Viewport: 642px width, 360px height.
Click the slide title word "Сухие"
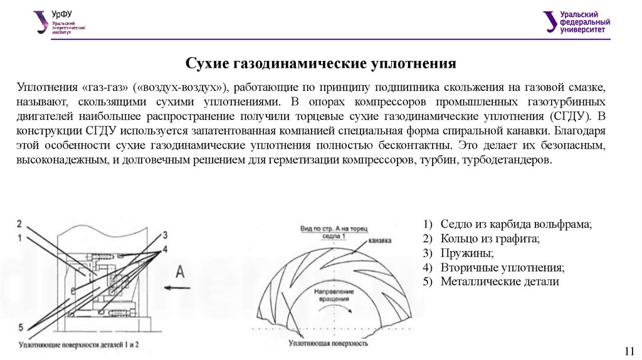coord(208,64)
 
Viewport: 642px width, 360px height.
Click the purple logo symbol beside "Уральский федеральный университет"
coord(550,21)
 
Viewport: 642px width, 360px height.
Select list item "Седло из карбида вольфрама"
coord(515,225)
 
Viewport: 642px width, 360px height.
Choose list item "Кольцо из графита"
coord(490,239)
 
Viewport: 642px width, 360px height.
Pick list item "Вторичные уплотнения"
coord(502,268)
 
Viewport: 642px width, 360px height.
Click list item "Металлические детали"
coord(499,282)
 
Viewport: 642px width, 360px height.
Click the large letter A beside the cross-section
coord(180,271)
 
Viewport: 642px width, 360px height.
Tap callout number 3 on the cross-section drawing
coord(165,235)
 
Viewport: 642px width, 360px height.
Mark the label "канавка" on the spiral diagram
coord(381,240)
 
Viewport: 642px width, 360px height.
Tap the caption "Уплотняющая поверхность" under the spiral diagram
coord(329,343)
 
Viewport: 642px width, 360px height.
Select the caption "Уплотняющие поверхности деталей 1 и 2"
coord(80,344)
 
